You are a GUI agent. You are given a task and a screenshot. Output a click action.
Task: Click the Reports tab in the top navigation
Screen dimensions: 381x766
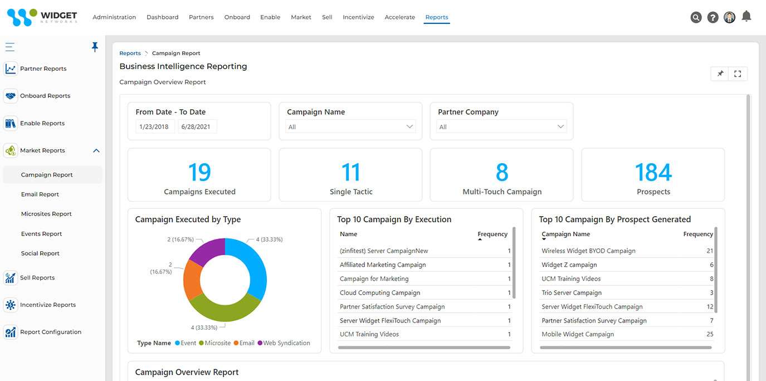click(437, 17)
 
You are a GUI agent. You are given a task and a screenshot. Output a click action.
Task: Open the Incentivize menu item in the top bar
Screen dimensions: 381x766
click(358, 17)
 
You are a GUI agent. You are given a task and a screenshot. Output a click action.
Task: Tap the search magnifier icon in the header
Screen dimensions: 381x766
click(696, 17)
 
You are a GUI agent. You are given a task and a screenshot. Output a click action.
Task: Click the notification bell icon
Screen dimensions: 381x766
click(747, 16)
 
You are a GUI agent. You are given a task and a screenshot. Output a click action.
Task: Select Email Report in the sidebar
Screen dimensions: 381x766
click(40, 194)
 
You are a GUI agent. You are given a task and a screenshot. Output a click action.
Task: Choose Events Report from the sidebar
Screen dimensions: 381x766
click(41, 234)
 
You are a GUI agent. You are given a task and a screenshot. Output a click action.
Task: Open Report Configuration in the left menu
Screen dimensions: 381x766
click(51, 332)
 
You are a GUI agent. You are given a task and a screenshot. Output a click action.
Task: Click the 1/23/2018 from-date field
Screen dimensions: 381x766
click(155, 127)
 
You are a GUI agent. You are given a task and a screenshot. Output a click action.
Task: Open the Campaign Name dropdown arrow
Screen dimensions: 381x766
click(410, 126)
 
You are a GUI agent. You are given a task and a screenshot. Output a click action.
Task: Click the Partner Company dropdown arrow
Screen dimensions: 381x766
click(561, 126)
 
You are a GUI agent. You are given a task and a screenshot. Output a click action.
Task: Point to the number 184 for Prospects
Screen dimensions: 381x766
click(653, 173)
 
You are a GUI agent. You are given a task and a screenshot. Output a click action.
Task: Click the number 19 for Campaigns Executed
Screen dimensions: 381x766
click(199, 173)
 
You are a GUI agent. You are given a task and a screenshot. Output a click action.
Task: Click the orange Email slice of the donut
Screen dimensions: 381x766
click(192, 280)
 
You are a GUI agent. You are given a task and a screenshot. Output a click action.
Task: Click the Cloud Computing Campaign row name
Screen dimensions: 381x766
click(380, 292)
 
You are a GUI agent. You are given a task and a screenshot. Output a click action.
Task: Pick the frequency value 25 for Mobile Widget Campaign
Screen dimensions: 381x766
click(709, 334)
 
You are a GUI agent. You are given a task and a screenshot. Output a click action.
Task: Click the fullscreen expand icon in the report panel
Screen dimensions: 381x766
click(738, 74)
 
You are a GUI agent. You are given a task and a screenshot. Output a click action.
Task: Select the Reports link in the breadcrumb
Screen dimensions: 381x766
click(130, 53)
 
